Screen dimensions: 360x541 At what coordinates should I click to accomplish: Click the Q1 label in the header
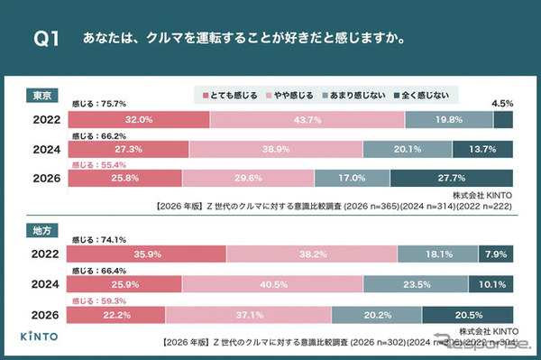pyautogui.click(x=46, y=39)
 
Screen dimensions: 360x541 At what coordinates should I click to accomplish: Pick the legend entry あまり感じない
pyautogui.click(x=356, y=95)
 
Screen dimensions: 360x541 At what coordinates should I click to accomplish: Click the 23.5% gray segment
pyautogui.click(x=417, y=284)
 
